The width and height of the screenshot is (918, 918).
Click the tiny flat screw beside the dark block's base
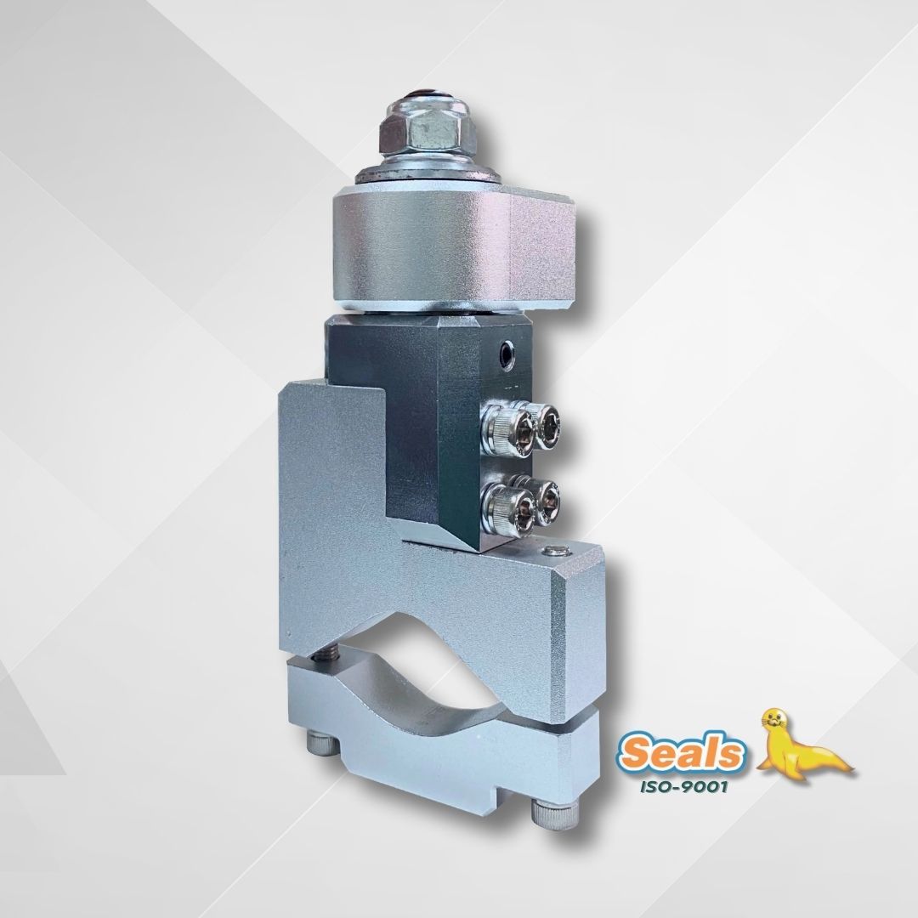[x=555, y=551]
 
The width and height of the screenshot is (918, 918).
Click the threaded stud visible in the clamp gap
[x=331, y=654]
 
